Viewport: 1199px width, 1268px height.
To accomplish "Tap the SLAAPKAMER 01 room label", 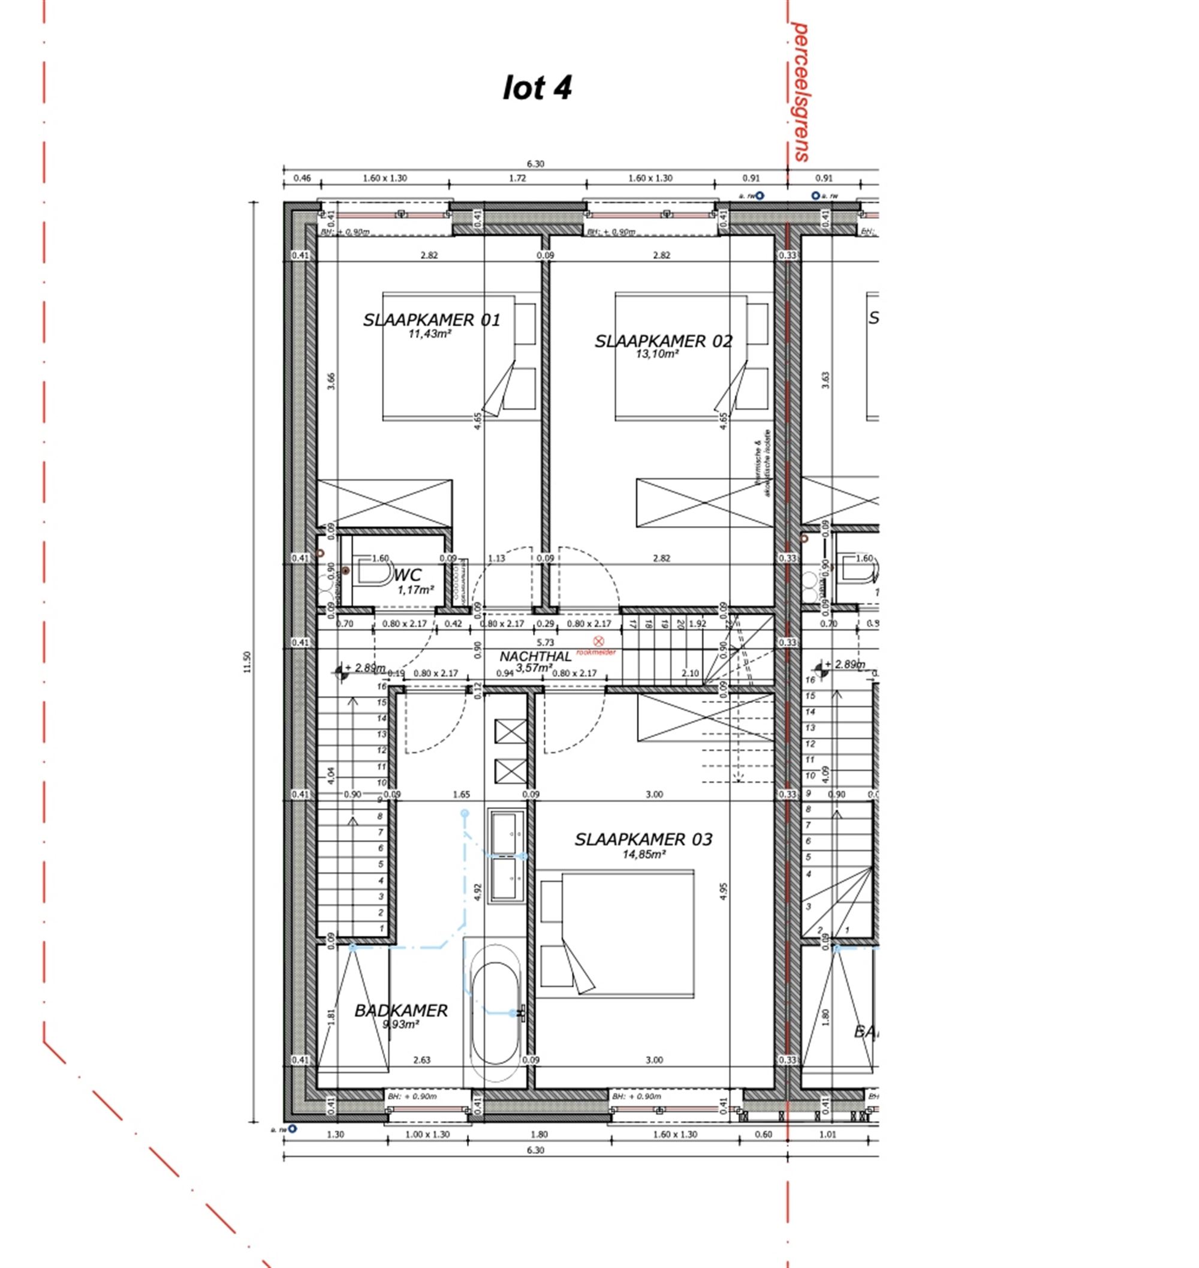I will [x=432, y=320].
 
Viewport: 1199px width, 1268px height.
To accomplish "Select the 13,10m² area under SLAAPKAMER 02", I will [x=657, y=354].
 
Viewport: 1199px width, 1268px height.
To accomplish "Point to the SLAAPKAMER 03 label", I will [x=643, y=840].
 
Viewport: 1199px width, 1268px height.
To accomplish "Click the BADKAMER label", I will [x=400, y=1011].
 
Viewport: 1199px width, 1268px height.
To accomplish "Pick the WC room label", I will [x=408, y=575].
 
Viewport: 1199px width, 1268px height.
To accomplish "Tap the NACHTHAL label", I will [x=535, y=657].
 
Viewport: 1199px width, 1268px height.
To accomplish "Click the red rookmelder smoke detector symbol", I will [x=598, y=641].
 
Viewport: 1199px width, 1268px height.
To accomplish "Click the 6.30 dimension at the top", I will [x=535, y=164].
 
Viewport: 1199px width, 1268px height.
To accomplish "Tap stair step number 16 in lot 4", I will [x=381, y=687].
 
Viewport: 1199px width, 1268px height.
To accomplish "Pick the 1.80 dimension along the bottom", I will [x=539, y=1134].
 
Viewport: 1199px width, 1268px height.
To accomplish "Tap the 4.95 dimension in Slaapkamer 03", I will [x=724, y=891].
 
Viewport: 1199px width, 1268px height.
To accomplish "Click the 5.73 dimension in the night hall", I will [x=545, y=642].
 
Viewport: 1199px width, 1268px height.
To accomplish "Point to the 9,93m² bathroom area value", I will [x=400, y=1024].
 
